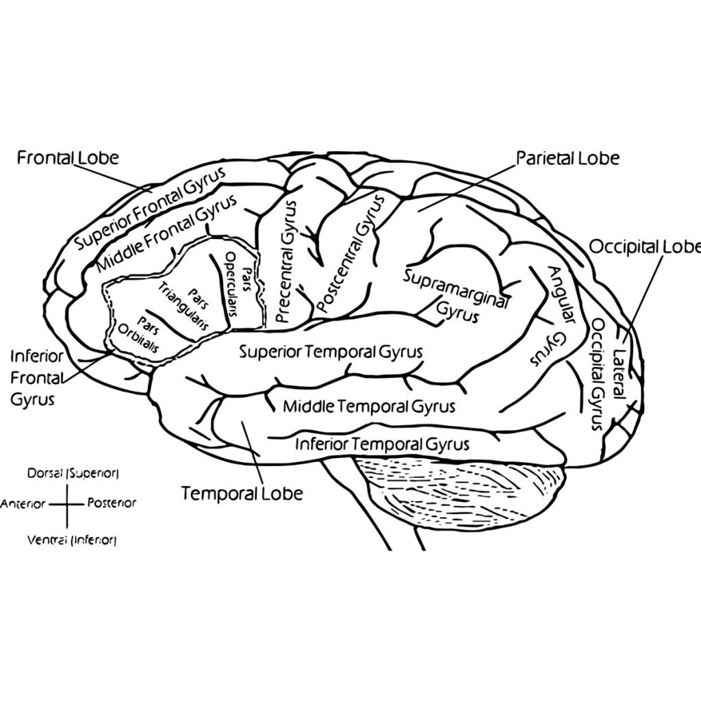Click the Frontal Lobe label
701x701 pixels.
68,158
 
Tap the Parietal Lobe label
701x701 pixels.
568,158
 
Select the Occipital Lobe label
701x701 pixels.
644,246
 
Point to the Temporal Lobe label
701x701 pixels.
242,493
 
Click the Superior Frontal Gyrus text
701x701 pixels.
151,209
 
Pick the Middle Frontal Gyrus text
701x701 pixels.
166,233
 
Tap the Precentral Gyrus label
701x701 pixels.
286,261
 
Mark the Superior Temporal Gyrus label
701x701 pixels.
331,352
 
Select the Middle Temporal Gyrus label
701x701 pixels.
369,407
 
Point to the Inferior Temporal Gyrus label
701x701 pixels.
382,445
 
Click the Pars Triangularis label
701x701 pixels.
183,306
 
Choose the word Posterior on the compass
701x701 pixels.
112,503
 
